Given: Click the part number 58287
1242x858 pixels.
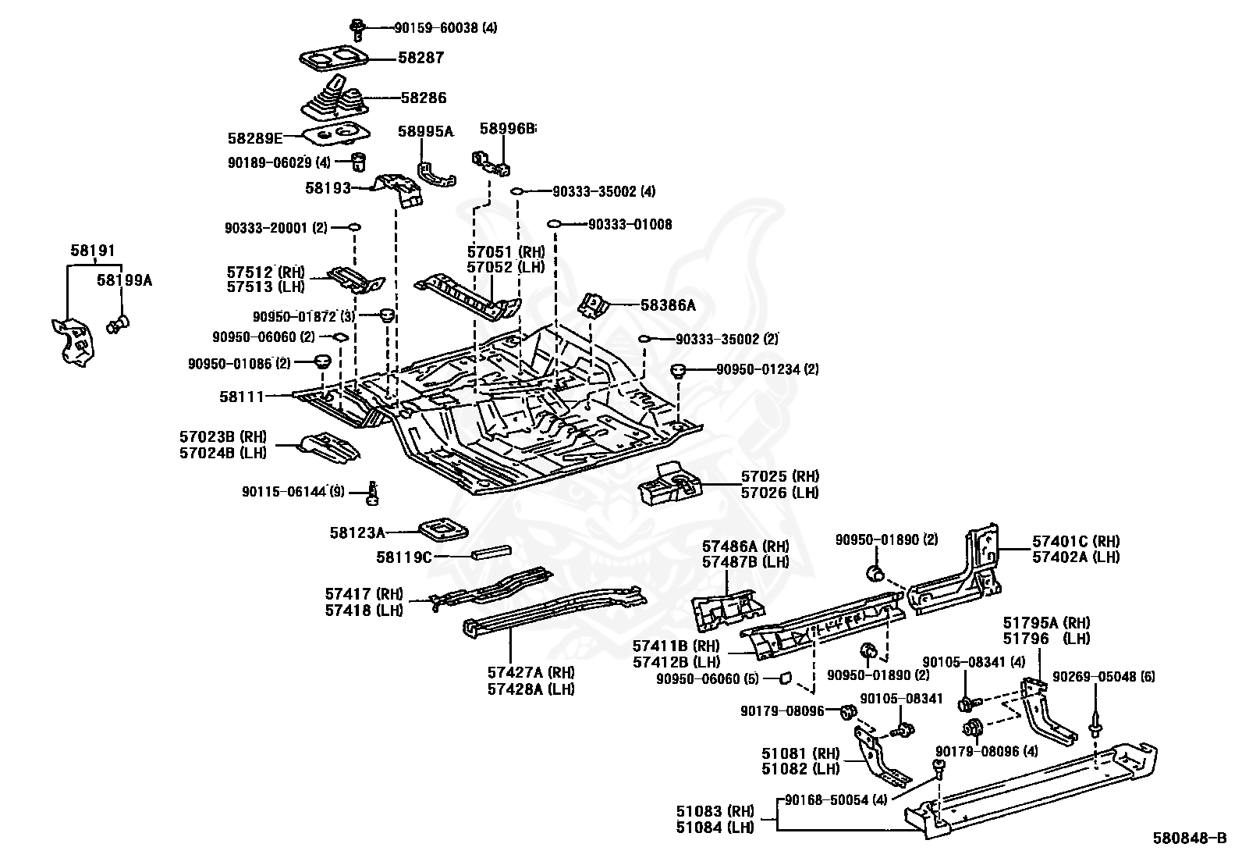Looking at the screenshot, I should click(x=421, y=58).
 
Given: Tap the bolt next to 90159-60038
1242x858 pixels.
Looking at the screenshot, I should click(x=358, y=29).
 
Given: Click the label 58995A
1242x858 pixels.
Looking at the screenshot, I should click(x=425, y=131).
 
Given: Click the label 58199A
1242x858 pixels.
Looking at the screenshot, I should click(x=124, y=279).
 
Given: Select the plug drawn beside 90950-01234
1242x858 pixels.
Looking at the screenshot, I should click(x=679, y=370).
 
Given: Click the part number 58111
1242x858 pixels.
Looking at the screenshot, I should click(x=243, y=397).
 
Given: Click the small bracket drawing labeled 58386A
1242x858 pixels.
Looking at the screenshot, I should click(x=594, y=304).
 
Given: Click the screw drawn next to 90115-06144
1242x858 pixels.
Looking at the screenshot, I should click(x=373, y=492).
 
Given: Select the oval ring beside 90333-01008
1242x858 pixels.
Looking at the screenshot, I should click(x=555, y=224).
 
